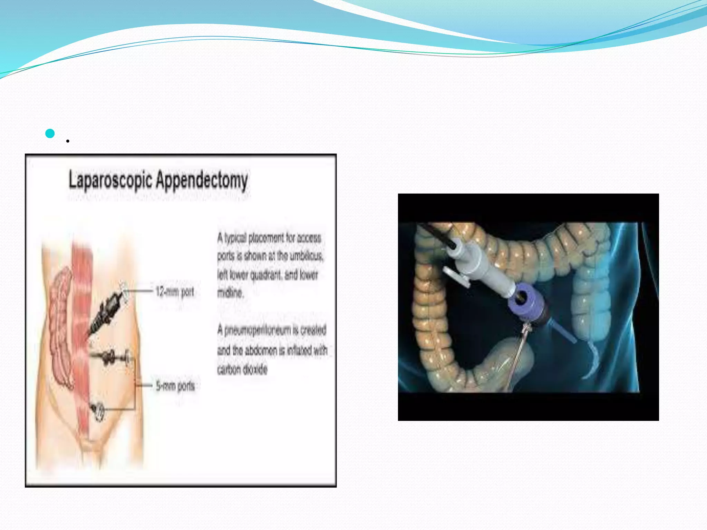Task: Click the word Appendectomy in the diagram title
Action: click(202, 181)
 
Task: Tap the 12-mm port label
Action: click(175, 292)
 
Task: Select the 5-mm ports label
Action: click(175, 386)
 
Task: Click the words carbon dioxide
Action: click(242, 370)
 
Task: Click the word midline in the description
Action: click(230, 293)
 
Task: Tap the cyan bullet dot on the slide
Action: click(50, 133)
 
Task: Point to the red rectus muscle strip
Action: click(82, 311)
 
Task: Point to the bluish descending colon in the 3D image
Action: click(587, 304)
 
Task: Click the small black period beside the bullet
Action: click(68, 141)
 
